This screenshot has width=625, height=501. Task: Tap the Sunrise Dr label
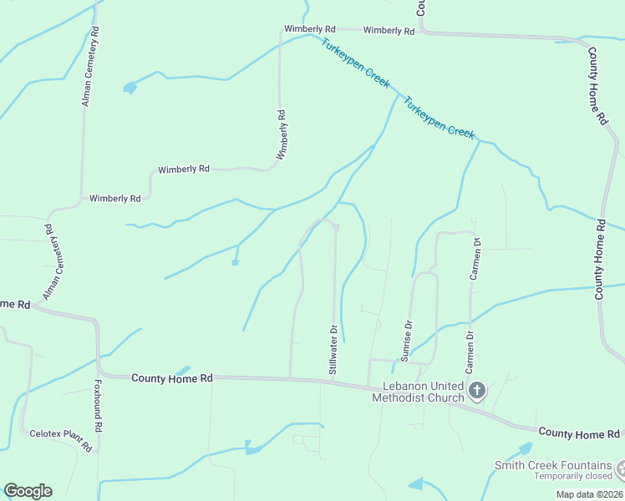[407, 342]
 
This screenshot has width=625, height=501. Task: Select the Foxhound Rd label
[98, 407]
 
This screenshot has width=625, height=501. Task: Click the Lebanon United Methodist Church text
[423, 392]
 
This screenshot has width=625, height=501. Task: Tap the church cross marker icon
[476, 391]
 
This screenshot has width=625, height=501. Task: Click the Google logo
[28, 491]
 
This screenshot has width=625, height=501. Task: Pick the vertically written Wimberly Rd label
[282, 134]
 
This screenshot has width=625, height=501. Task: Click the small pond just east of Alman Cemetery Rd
[129, 87]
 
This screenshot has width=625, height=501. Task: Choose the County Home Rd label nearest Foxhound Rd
[172, 378]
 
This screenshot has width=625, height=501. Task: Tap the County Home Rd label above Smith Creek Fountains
[580, 433]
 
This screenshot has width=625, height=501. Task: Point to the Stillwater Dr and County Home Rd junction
[333, 382]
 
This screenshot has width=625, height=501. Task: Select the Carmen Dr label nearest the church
[469, 352]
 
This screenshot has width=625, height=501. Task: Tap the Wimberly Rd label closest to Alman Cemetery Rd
[115, 199]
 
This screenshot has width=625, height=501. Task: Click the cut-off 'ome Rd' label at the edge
[14, 304]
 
